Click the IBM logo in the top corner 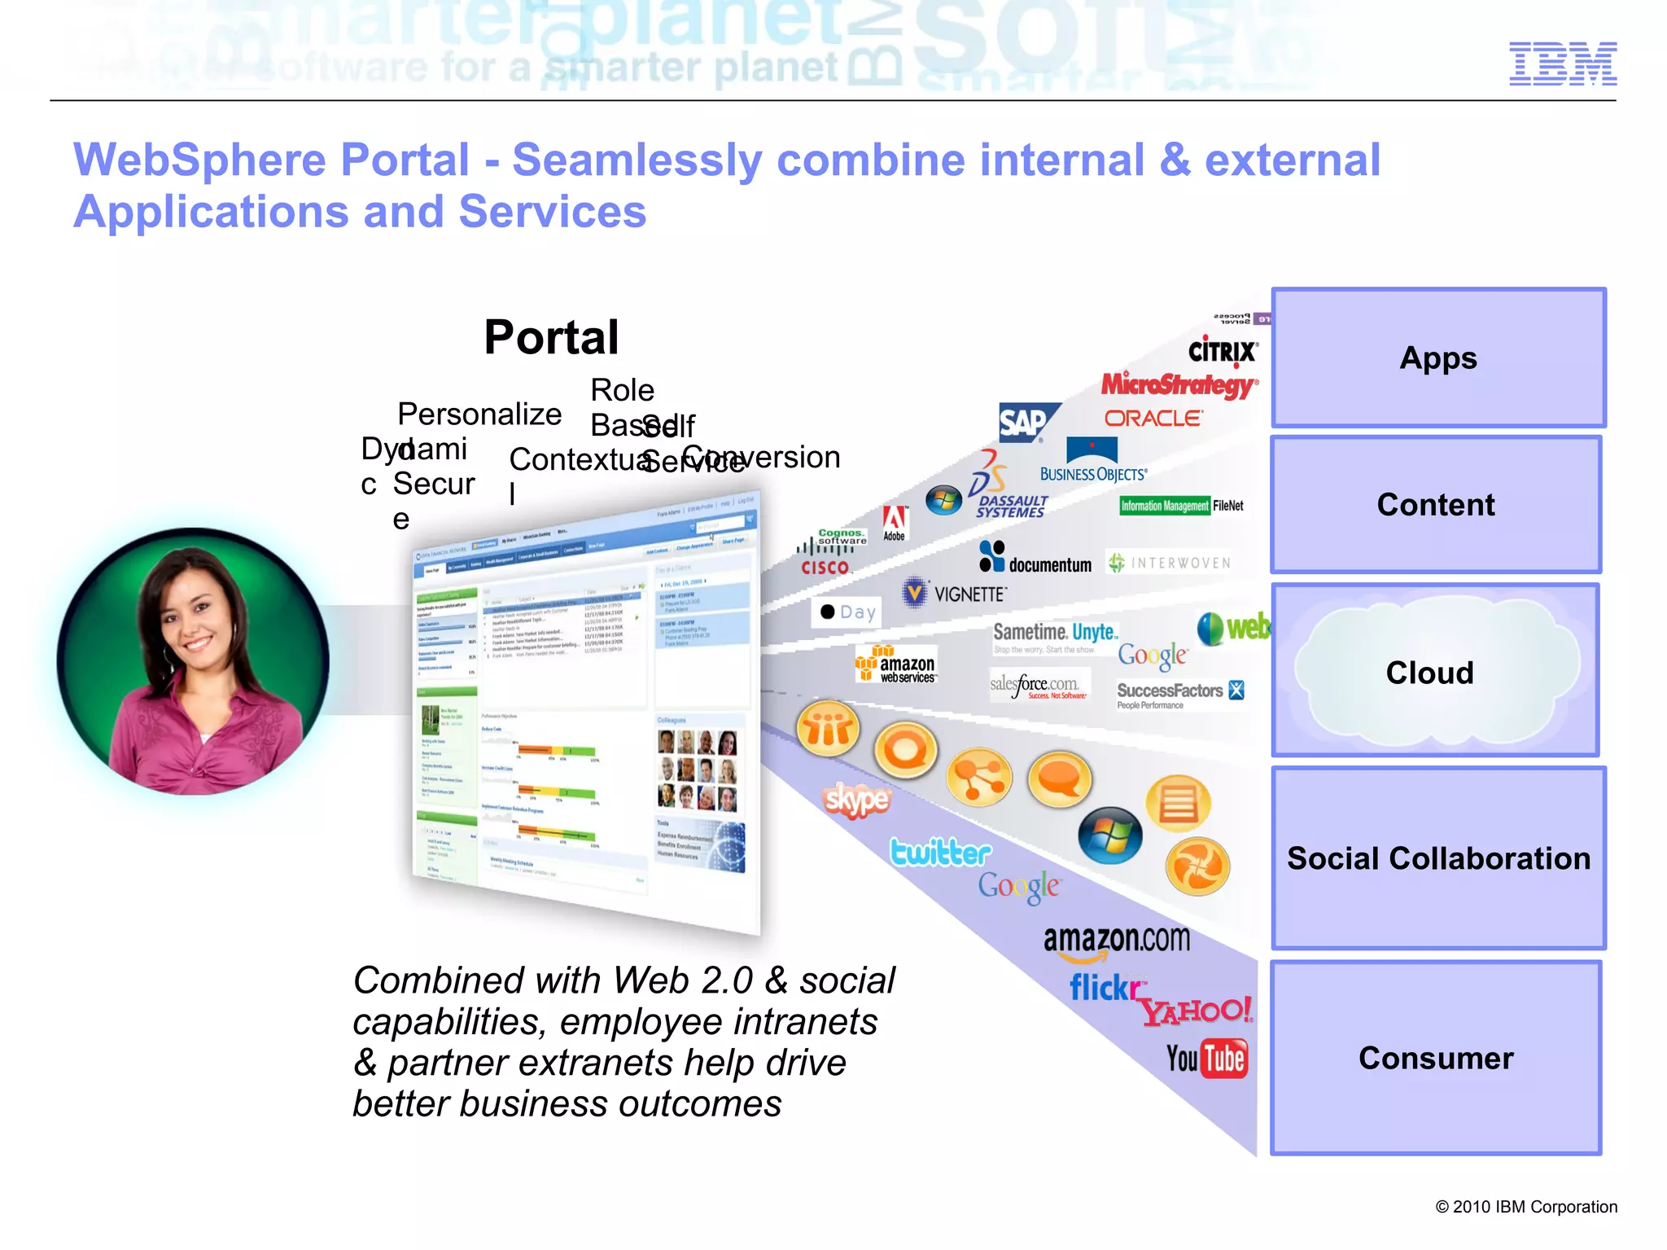1562,64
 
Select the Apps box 1437,358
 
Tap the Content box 1435,505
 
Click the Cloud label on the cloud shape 1429,673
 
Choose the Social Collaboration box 1437,858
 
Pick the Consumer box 1435,1058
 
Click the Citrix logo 1222,351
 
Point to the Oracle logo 1153,419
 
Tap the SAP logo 1025,423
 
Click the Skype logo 856,800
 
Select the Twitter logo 940,853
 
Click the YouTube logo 1205,1059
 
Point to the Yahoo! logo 1196,1011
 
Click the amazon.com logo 1116,941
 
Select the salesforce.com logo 1036,685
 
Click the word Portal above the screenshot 551,337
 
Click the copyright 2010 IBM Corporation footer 1525,1207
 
